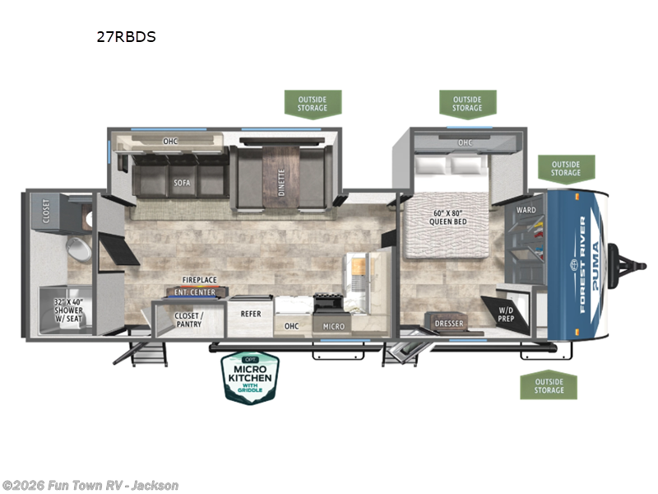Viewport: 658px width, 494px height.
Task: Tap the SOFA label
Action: coord(182,183)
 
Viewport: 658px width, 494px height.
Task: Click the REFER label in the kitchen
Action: coord(250,313)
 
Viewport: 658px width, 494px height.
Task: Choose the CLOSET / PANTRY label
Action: coord(188,319)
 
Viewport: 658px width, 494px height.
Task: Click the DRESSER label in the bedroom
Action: coord(448,324)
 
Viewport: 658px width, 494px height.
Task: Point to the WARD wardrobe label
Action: coord(526,210)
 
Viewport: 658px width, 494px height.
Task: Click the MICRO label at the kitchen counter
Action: coord(333,326)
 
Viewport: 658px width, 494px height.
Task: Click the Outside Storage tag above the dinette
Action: coord(313,104)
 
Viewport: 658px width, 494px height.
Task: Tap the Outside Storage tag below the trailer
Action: coord(548,385)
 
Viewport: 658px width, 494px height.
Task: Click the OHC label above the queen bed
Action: coord(465,142)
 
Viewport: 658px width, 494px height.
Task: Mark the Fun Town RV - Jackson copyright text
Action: coord(90,486)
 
